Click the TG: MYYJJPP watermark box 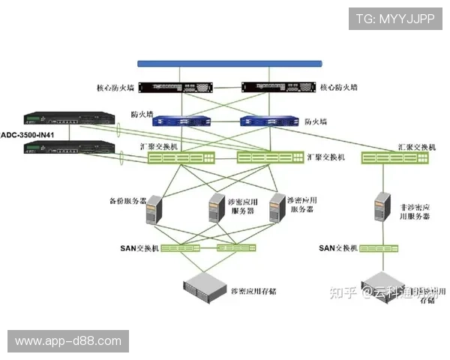(396, 19)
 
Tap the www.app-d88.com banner (68, 341)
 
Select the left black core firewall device (169, 88)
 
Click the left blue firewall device (183, 121)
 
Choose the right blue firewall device (268, 121)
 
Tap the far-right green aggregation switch (397, 157)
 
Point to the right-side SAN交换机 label (337, 248)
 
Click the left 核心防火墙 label (116, 88)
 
